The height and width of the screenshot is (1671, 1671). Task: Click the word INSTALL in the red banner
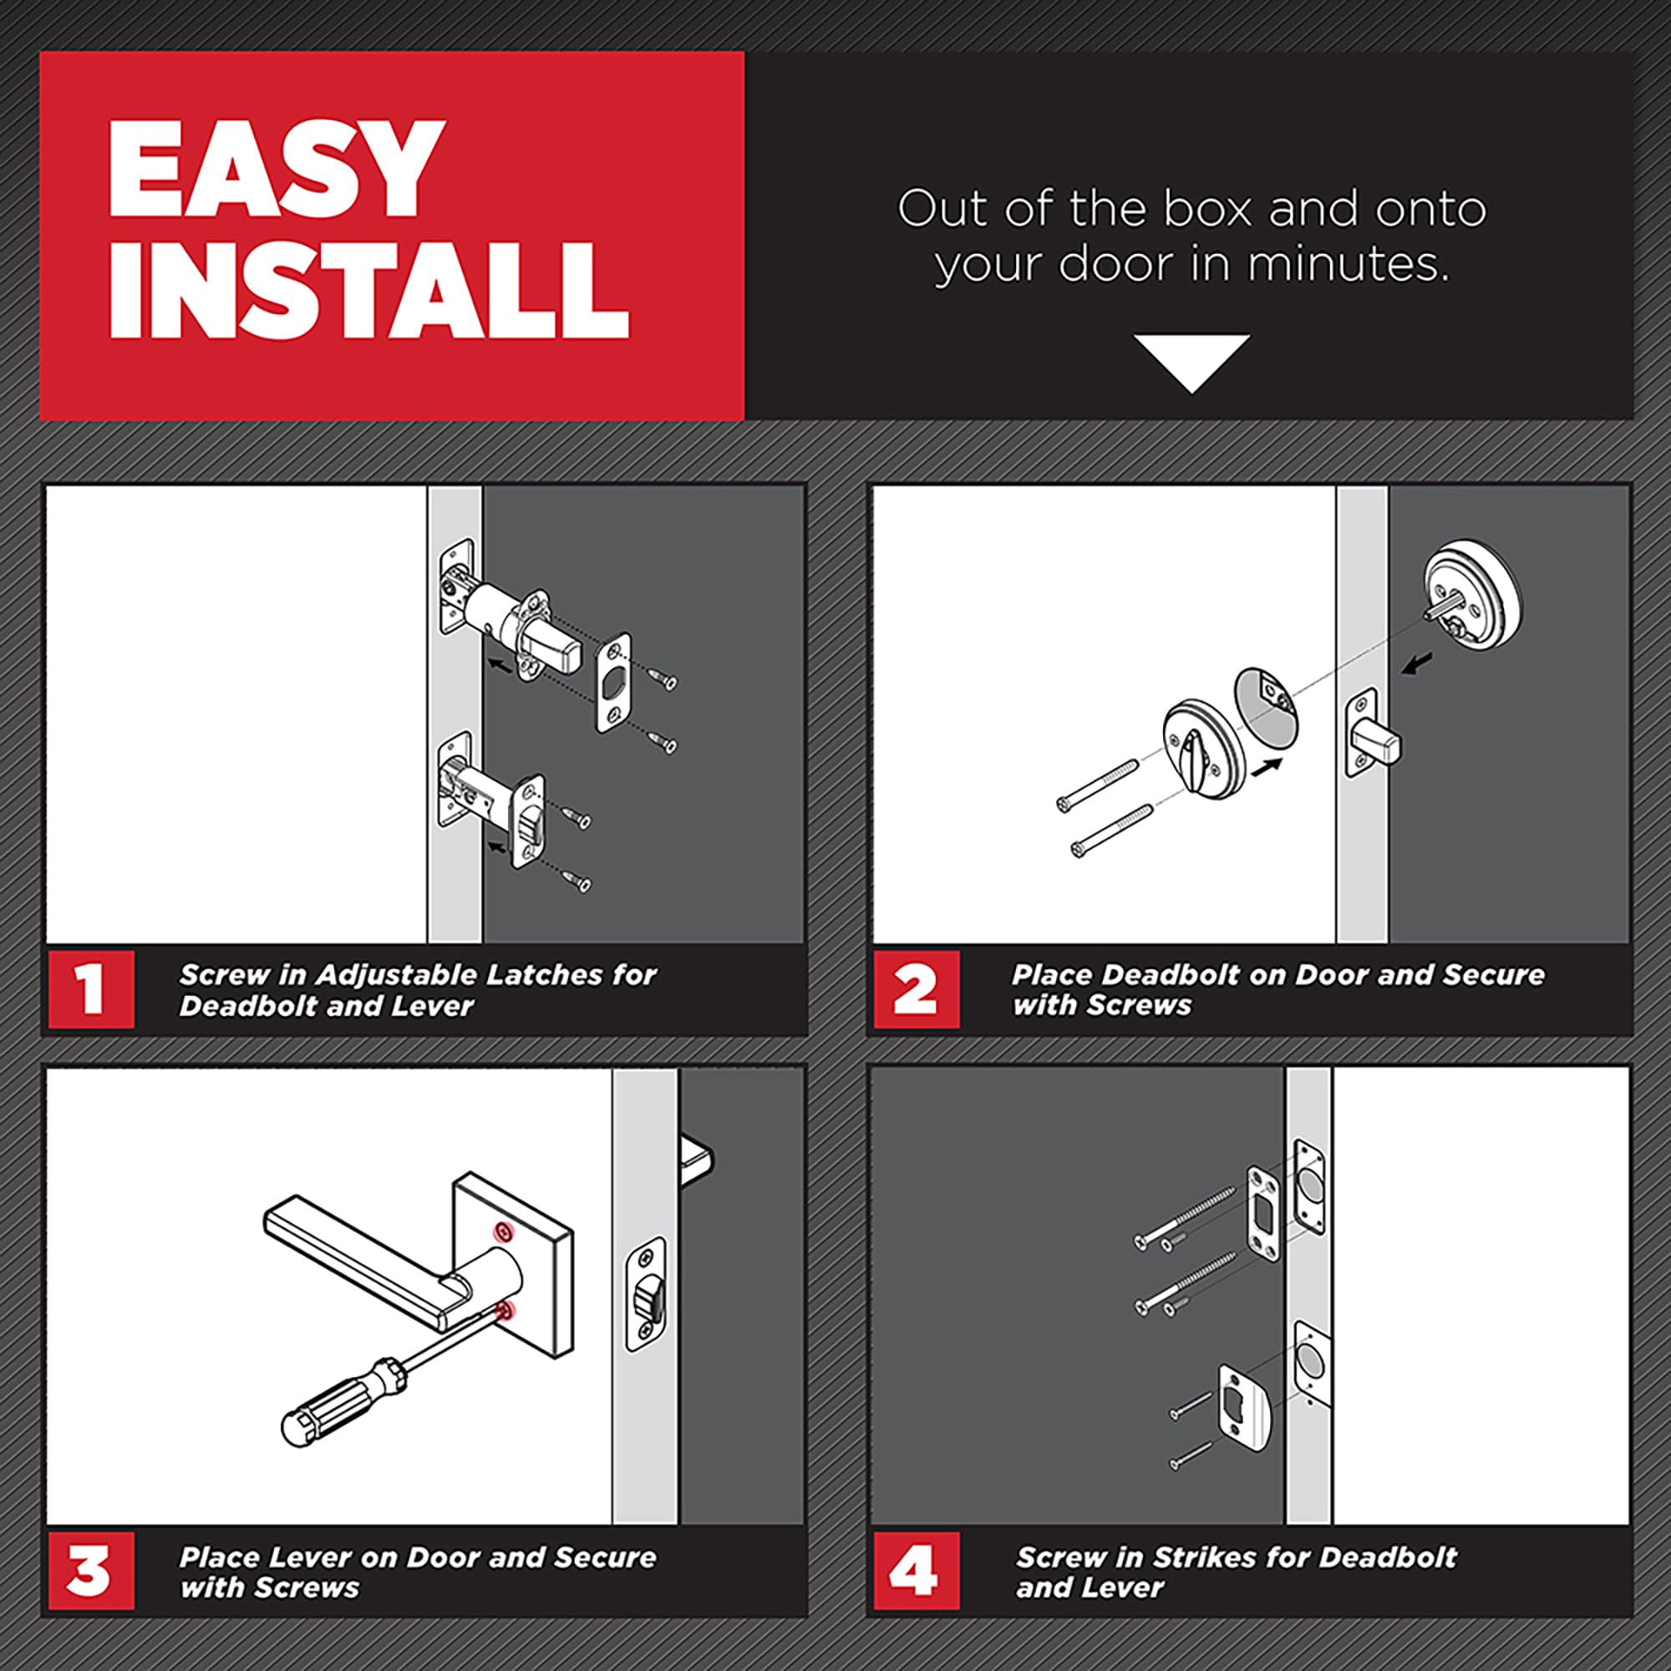point(368,289)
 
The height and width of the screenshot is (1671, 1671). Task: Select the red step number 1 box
point(91,988)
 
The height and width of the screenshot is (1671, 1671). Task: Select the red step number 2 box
point(916,988)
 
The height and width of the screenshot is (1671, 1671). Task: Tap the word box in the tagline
point(1207,210)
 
